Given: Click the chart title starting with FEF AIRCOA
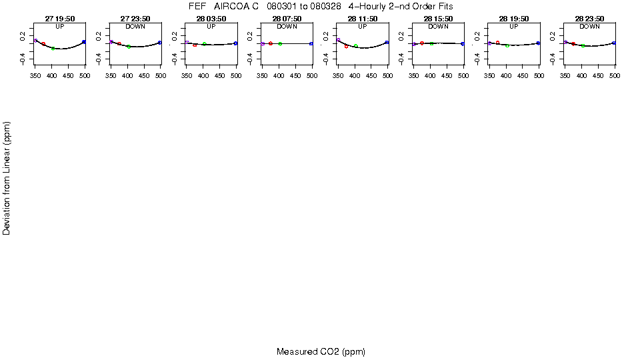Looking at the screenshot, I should [321, 6].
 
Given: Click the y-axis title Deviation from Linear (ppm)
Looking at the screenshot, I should [7, 178].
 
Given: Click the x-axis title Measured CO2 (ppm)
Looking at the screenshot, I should [321, 351].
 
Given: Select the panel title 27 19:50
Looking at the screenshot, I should [60, 19].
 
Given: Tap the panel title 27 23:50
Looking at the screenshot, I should [135, 19].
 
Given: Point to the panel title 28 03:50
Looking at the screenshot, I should [211, 19].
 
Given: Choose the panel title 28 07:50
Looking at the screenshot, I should [287, 19].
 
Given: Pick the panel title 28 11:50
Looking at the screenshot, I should [362, 19].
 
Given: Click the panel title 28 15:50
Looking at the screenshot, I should [438, 19].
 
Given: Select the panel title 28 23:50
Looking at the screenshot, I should [589, 19].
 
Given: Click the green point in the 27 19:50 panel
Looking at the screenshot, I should [53, 48].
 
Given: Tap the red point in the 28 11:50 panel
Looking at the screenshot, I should [346, 47].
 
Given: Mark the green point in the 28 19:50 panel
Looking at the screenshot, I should [507, 45].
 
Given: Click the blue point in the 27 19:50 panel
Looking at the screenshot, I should [84, 42].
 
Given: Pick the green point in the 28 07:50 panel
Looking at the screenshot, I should [280, 44].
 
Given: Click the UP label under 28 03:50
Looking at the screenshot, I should [211, 27].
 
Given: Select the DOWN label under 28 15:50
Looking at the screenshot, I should [438, 27].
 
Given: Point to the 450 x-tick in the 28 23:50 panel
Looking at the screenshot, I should [599, 76].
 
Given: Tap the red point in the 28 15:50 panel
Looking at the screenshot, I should [422, 43].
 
